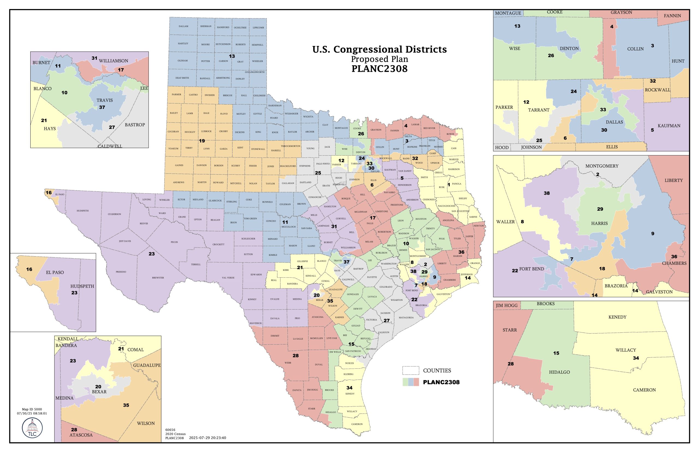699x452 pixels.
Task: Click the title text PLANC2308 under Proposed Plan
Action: pos(379,69)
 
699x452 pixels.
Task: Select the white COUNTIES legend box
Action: pos(410,370)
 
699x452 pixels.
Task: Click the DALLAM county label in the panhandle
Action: pos(183,26)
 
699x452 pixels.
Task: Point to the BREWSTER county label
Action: pos(158,278)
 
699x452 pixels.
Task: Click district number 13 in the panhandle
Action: pos(232,56)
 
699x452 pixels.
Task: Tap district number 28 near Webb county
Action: pos(296,355)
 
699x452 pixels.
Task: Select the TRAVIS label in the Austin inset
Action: pos(105,100)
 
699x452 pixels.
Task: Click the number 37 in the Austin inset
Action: pos(102,107)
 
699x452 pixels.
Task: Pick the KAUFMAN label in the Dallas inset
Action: pos(669,126)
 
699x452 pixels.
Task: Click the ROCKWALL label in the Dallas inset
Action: pos(657,90)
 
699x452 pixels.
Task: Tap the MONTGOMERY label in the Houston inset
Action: pos(602,166)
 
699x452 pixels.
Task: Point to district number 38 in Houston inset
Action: pos(547,193)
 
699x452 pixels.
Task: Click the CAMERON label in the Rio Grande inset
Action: pos(644,390)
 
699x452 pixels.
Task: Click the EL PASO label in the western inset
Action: pos(55,272)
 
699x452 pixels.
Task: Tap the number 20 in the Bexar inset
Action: pos(98,386)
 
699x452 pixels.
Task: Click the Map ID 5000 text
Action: pos(32,409)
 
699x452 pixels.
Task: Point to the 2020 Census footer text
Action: pos(175,434)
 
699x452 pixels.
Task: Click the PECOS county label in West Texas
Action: pos(174,242)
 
